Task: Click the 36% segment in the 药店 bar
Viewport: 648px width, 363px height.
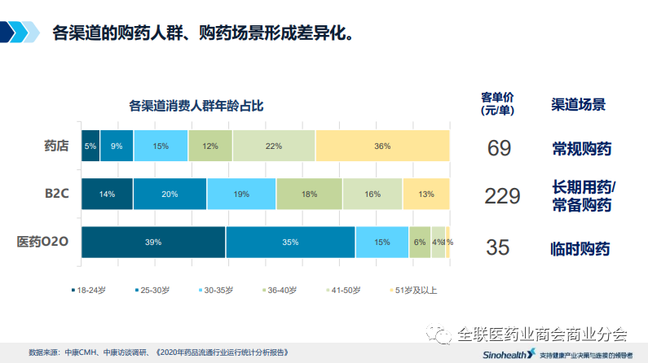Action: coord(381,146)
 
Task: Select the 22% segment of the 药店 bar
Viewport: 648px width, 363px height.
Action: coord(273,146)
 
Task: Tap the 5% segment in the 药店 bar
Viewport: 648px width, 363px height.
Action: coord(90,146)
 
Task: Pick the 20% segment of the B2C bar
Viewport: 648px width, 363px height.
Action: coord(170,194)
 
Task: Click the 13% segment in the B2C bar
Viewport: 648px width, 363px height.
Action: coord(425,194)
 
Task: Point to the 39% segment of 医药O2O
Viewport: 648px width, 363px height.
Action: coord(153,243)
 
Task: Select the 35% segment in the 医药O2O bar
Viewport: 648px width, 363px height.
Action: coord(290,243)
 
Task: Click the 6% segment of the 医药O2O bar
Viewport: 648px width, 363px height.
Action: coord(420,243)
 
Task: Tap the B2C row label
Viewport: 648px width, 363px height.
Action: coord(55,194)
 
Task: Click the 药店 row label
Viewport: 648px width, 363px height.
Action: coord(55,147)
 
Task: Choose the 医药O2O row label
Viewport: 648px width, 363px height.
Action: coord(46,242)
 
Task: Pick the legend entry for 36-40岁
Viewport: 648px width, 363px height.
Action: coord(280,289)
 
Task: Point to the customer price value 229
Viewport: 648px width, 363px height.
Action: coord(501,196)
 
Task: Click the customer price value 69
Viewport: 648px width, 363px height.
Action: coord(499,148)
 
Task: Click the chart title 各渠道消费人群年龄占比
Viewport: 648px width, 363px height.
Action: coord(196,105)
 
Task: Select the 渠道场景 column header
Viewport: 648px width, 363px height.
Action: coord(578,105)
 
